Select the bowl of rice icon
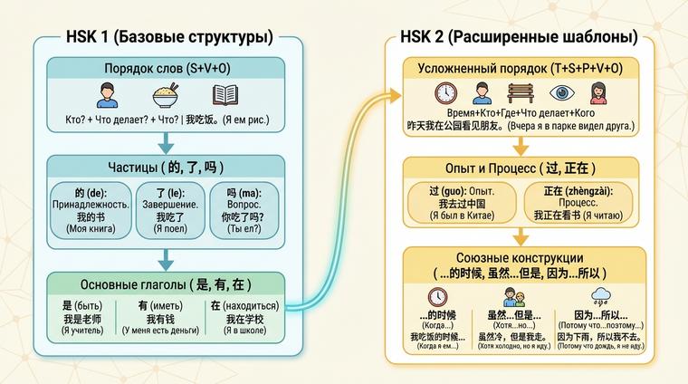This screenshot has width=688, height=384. (x=165, y=95)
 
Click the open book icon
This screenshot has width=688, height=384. (x=225, y=95)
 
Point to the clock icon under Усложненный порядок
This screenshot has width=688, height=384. (x=445, y=93)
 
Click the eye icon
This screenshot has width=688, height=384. (x=560, y=93)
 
